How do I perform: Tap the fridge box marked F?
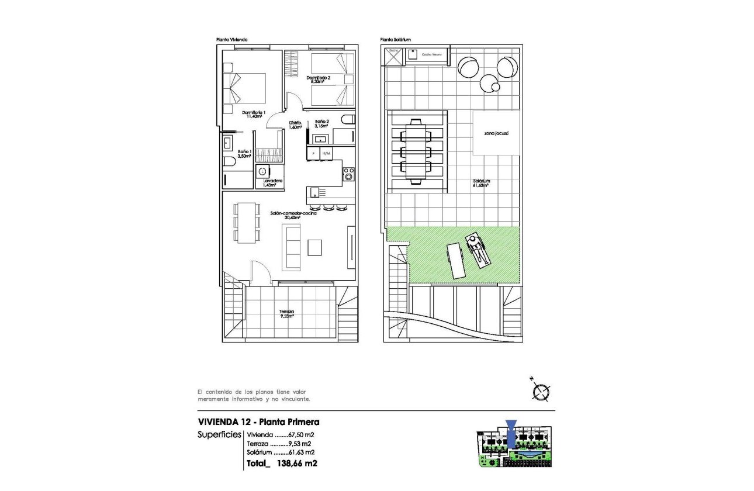point(314,153)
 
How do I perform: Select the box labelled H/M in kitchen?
point(326,153)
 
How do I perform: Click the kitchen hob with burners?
point(349,174)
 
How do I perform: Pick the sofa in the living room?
point(292,247)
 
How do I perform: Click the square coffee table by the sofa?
point(315,247)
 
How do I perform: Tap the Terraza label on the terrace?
point(286,312)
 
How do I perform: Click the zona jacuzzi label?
point(496,134)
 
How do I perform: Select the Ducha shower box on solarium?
point(393,55)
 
